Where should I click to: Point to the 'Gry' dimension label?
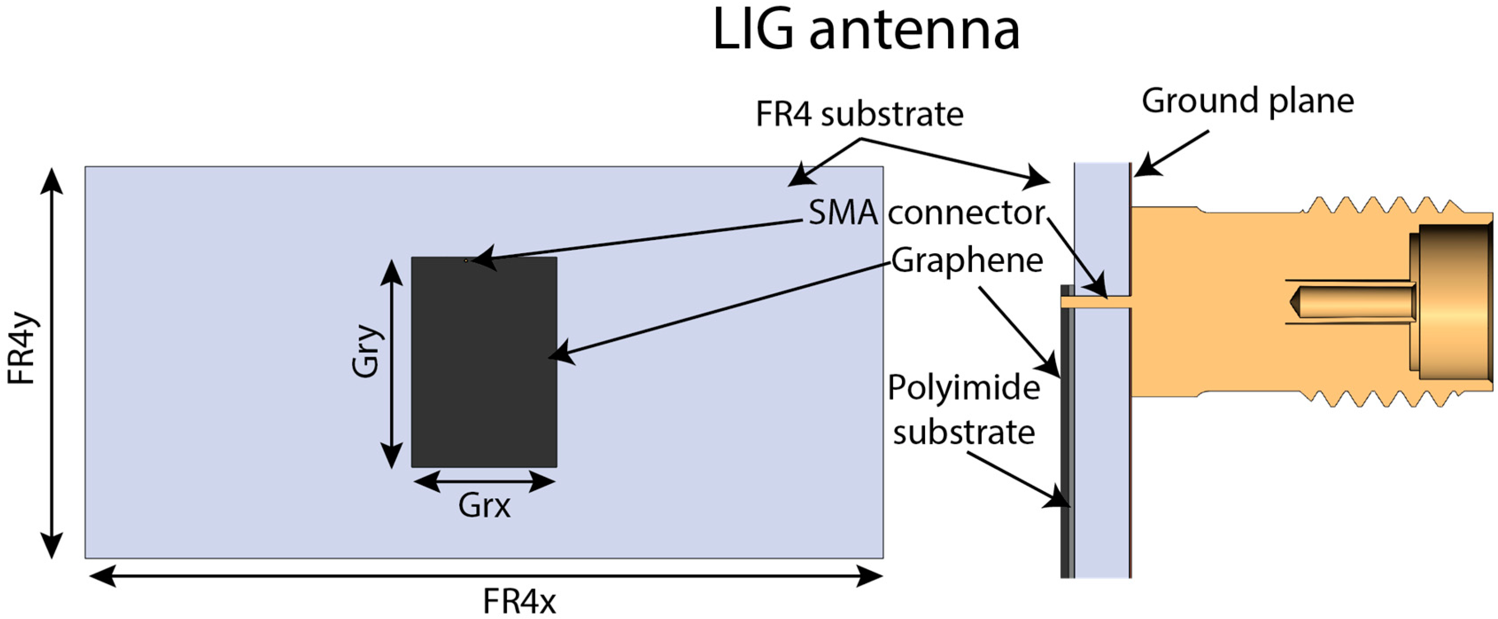click(366, 352)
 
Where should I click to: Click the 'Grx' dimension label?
click(484, 506)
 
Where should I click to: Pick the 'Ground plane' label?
click(1247, 101)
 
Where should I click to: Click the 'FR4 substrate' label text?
click(859, 114)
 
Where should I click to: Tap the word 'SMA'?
click(843, 213)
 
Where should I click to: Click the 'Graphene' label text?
click(967, 260)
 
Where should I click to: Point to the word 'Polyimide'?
click(964, 388)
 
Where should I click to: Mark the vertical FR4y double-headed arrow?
click(52, 363)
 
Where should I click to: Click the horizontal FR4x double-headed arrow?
click(486, 576)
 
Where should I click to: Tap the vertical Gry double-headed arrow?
click(391, 363)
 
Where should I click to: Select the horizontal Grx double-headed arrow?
click(484, 481)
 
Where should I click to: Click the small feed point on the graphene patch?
click(466, 261)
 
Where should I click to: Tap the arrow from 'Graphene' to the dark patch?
click(721, 309)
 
